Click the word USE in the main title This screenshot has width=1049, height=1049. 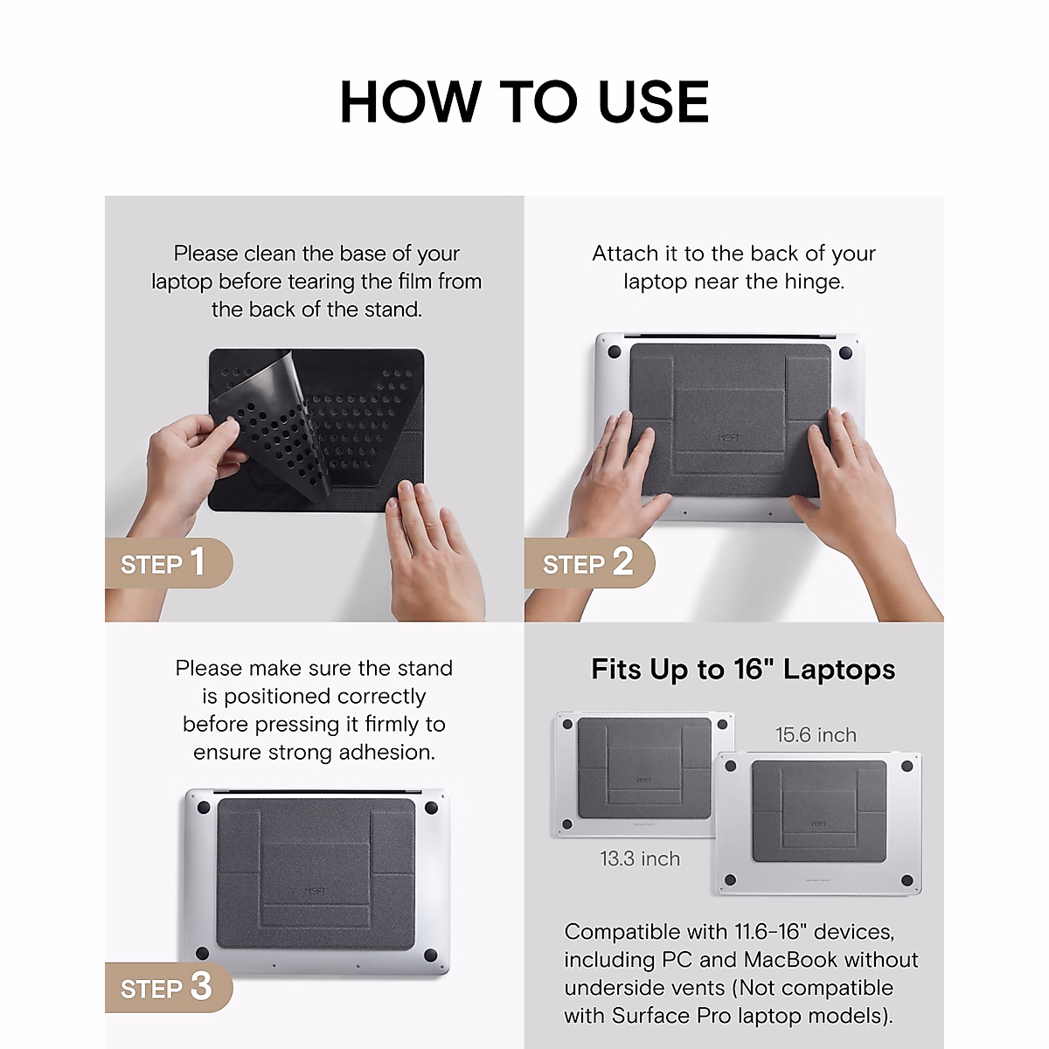click(x=653, y=102)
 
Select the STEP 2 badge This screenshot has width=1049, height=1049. click(x=588, y=563)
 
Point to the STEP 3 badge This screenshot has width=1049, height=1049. click(x=166, y=987)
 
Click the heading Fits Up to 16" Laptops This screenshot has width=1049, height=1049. click(x=743, y=670)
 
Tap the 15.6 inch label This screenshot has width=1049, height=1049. click(x=816, y=735)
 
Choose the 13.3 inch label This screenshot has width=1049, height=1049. click(x=640, y=859)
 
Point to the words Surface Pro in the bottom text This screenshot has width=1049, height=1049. click(x=671, y=1016)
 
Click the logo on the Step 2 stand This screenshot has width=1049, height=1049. click(x=729, y=437)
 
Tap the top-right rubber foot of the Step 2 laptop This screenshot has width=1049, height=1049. click(x=845, y=352)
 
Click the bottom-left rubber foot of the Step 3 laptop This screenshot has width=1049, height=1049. click(x=201, y=953)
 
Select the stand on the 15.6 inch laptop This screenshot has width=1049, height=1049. click(x=818, y=810)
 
